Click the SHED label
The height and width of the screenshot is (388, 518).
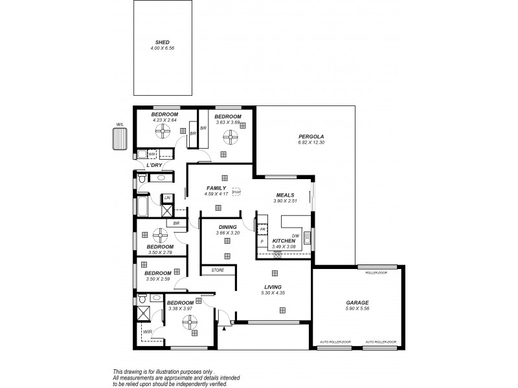point(162,42)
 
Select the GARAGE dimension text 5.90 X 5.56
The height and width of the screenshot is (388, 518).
point(357,309)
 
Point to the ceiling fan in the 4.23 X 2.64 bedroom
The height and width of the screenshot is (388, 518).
point(161,131)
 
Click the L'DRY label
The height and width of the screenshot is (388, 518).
point(153,166)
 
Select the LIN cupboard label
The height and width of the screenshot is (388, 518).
point(167,197)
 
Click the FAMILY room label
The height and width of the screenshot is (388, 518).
point(216,188)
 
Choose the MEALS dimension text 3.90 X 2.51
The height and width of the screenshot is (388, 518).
point(285,200)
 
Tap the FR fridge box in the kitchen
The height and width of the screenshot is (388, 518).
point(263,229)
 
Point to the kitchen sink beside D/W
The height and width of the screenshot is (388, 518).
point(308,241)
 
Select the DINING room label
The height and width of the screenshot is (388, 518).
point(227,226)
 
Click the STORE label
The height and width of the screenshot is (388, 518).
point(217,270)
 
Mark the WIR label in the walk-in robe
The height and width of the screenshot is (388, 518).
point(148,332)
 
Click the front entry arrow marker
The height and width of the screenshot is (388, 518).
point(224,329)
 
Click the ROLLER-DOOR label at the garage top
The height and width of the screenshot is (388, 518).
point(376,273)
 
